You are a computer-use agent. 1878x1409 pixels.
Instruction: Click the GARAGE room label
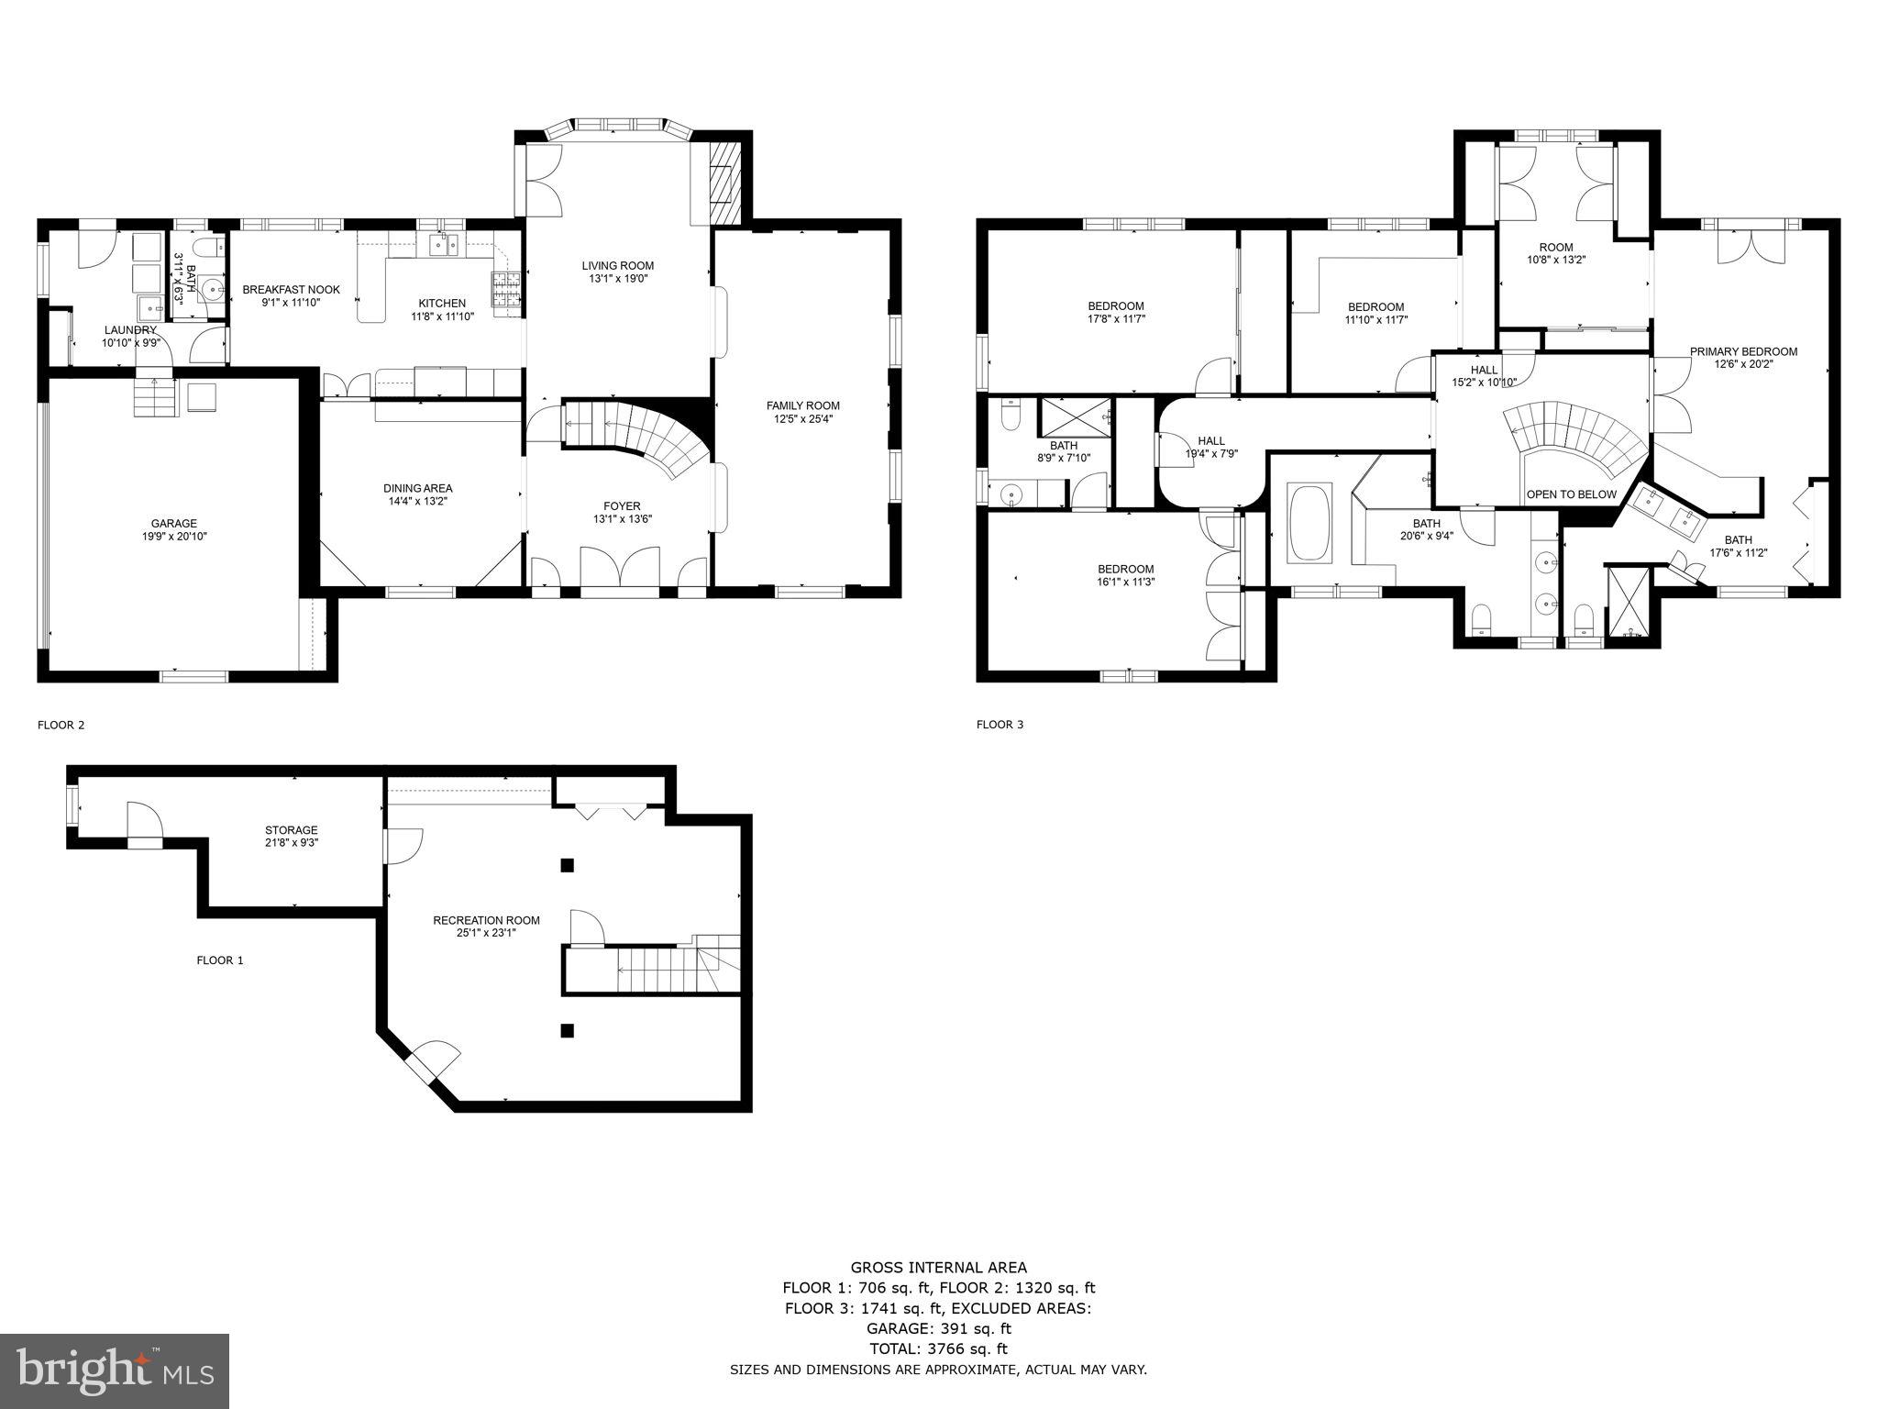point(173,524)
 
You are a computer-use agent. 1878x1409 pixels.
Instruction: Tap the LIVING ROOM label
point(617,266)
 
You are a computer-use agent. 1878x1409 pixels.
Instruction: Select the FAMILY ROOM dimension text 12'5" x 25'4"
point(802,418)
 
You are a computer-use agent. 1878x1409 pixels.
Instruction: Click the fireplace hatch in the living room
point(724,183)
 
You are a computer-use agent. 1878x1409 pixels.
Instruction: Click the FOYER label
point(622,506)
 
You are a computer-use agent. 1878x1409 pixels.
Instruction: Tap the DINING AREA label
point(417,488)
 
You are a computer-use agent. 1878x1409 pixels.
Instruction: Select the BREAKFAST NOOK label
point(291,290)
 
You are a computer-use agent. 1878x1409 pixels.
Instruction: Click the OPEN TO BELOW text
point(1571,494)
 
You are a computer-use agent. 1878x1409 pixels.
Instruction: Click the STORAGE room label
point(291,830)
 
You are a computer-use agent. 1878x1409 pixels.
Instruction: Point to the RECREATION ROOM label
point(486,920)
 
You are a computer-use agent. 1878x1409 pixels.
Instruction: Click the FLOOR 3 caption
point(1000,725)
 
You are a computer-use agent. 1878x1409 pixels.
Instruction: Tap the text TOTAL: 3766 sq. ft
point(938,1348)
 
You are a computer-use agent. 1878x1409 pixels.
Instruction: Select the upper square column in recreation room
point(568,864)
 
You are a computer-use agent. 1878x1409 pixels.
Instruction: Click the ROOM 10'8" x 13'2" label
point(1555,247)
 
